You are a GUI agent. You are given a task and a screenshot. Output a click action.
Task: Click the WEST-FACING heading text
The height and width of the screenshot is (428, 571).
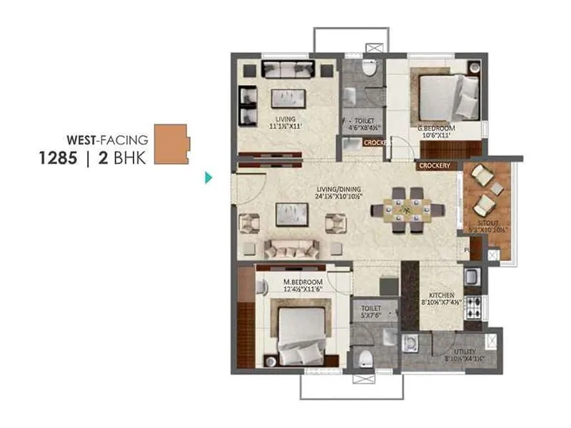pos(106,139)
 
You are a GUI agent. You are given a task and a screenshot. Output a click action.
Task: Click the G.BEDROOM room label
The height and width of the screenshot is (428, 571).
pos(437,128)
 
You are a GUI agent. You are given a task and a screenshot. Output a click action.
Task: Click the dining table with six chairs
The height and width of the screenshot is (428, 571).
pos(408,210)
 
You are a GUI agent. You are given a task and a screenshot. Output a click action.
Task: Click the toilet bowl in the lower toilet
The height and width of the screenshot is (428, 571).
pos(365,356)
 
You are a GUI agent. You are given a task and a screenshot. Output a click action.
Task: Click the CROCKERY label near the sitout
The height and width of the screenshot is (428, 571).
pos(435,165)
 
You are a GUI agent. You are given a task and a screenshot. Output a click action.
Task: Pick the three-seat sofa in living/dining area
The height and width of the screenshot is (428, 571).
pos(291,248)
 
